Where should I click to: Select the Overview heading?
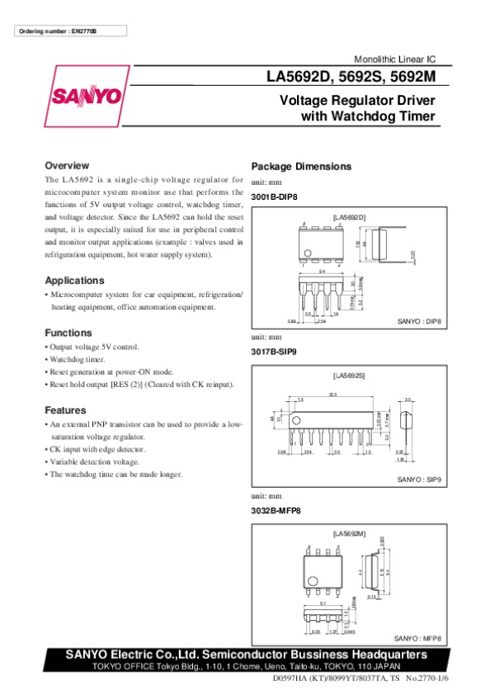click(67, 165)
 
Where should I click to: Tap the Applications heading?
click(74, 280)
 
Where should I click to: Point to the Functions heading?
click(68, 333)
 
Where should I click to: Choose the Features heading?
click(65, 410)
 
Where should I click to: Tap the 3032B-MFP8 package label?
click(276, 510)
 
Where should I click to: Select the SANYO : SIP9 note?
click(419, 479)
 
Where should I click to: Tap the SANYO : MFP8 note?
click(417, 638)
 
